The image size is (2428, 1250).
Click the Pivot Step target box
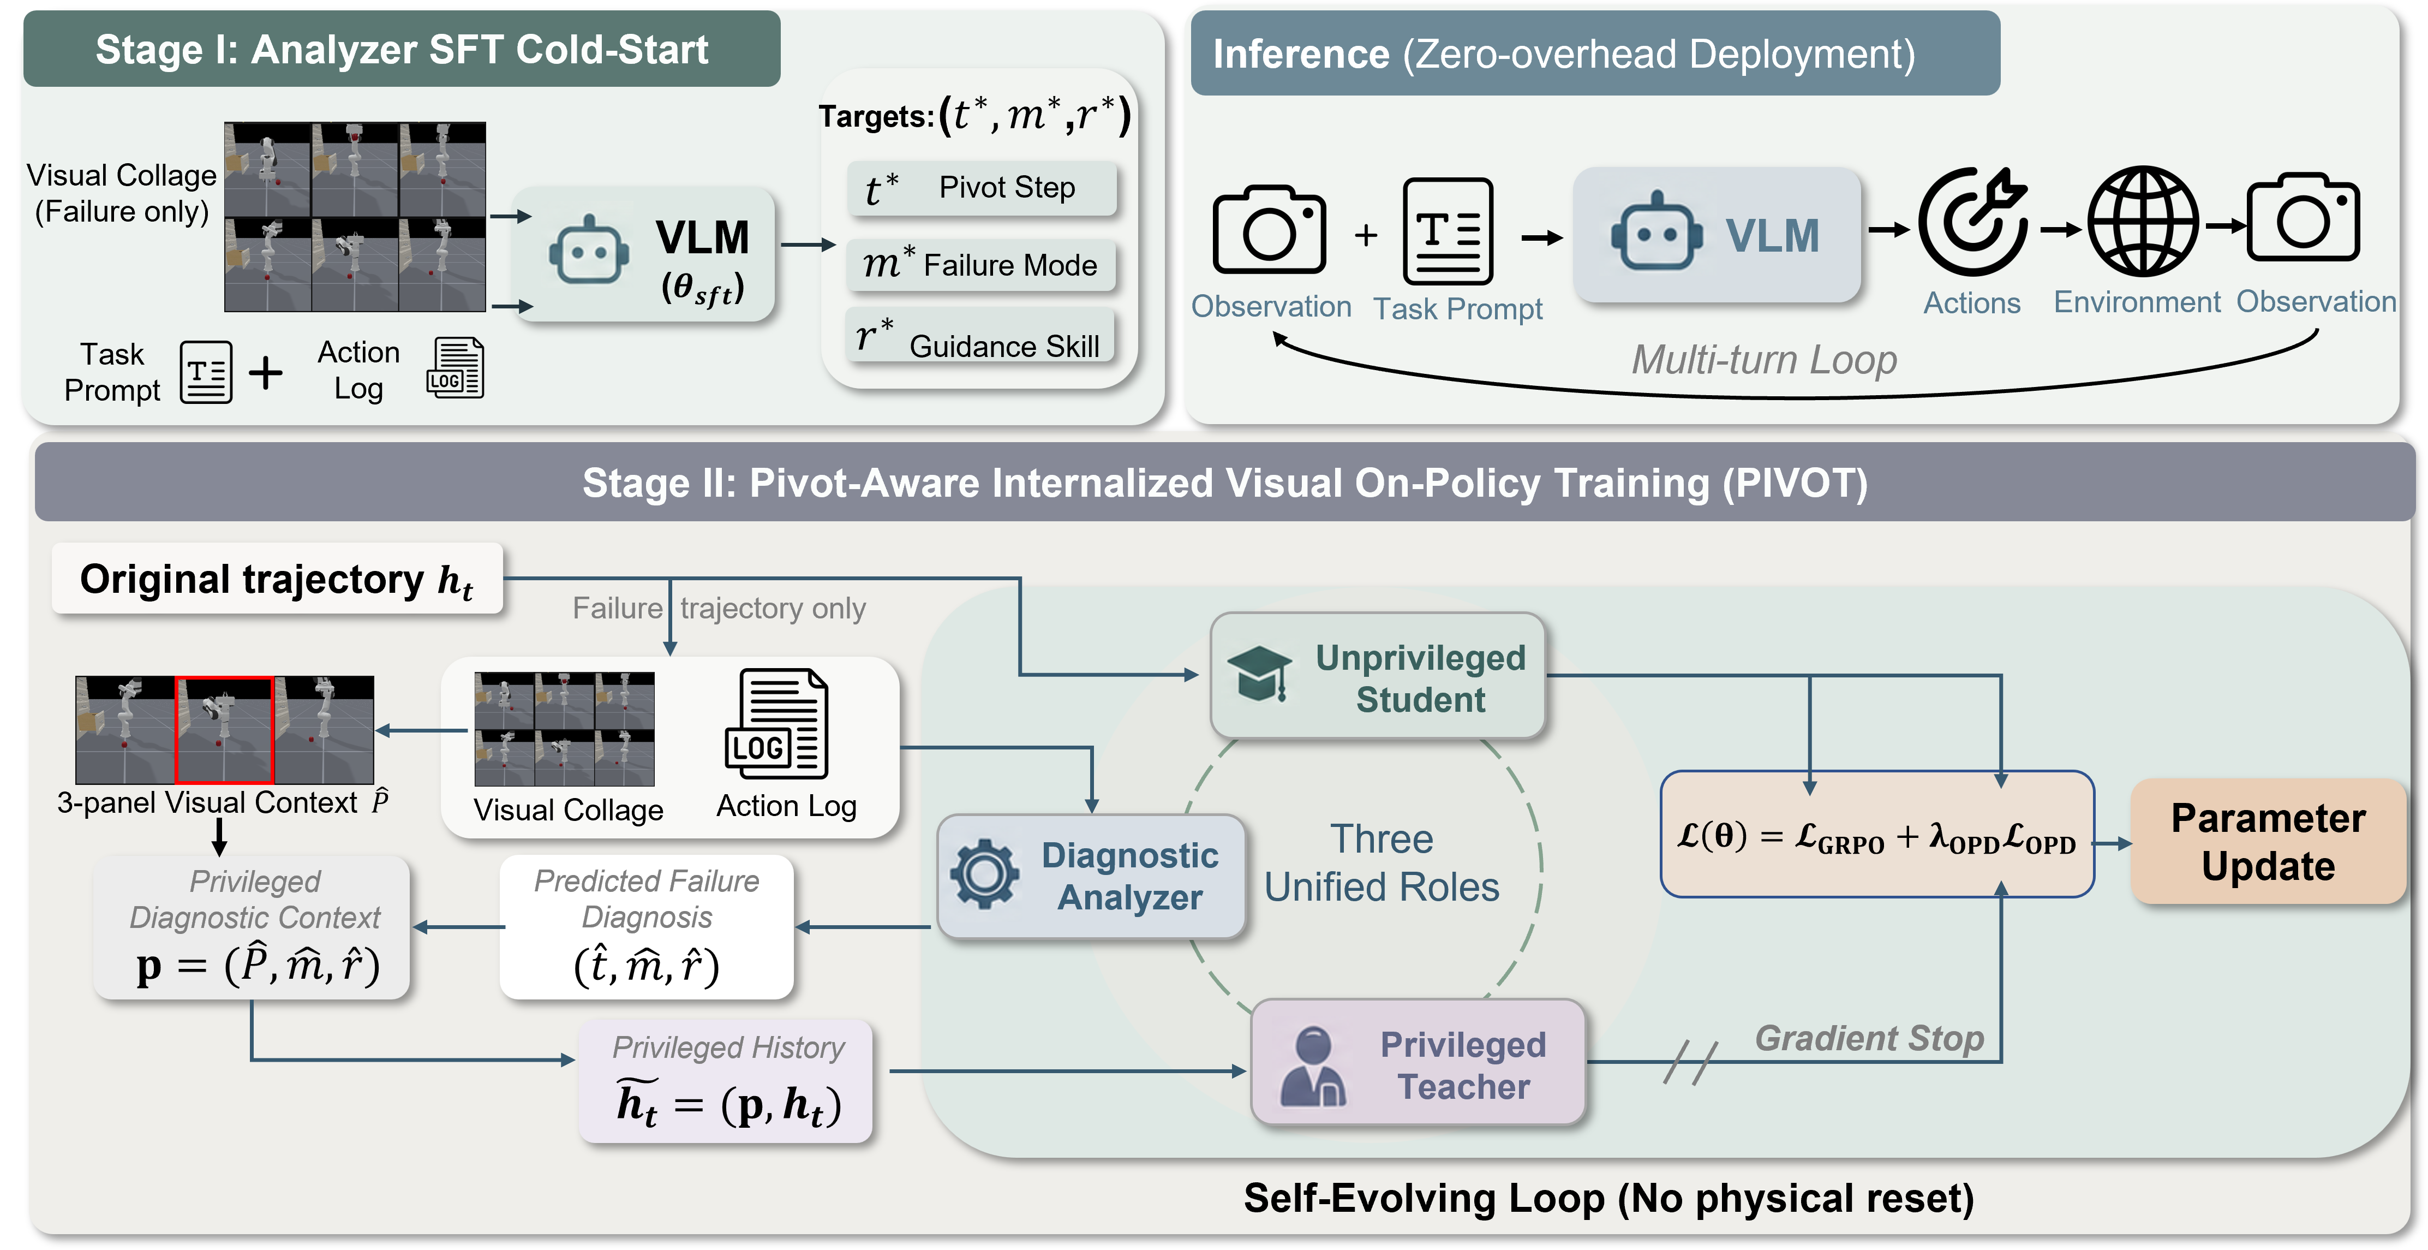(981, 188)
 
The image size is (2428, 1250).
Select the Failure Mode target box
(980, 265)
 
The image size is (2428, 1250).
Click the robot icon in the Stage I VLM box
(589, 251)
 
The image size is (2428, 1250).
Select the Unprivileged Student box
(1378, 676)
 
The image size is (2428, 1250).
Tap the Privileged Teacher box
(1419, 1062)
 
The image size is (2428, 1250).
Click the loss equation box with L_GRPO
(1876, 834)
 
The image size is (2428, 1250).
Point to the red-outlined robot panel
(224, 730)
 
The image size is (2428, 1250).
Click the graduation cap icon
(1260, 673)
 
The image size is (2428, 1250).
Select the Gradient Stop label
(1869, 1038)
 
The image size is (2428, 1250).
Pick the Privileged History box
(726, 1080)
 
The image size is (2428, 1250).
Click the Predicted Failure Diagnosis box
(647, 927)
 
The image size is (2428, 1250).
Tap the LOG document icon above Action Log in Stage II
(776, 724)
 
